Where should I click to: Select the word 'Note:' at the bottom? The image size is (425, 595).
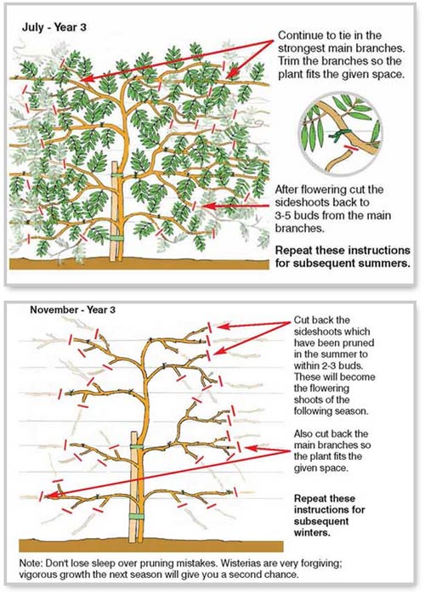35,562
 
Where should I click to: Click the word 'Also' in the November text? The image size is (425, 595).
304,436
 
